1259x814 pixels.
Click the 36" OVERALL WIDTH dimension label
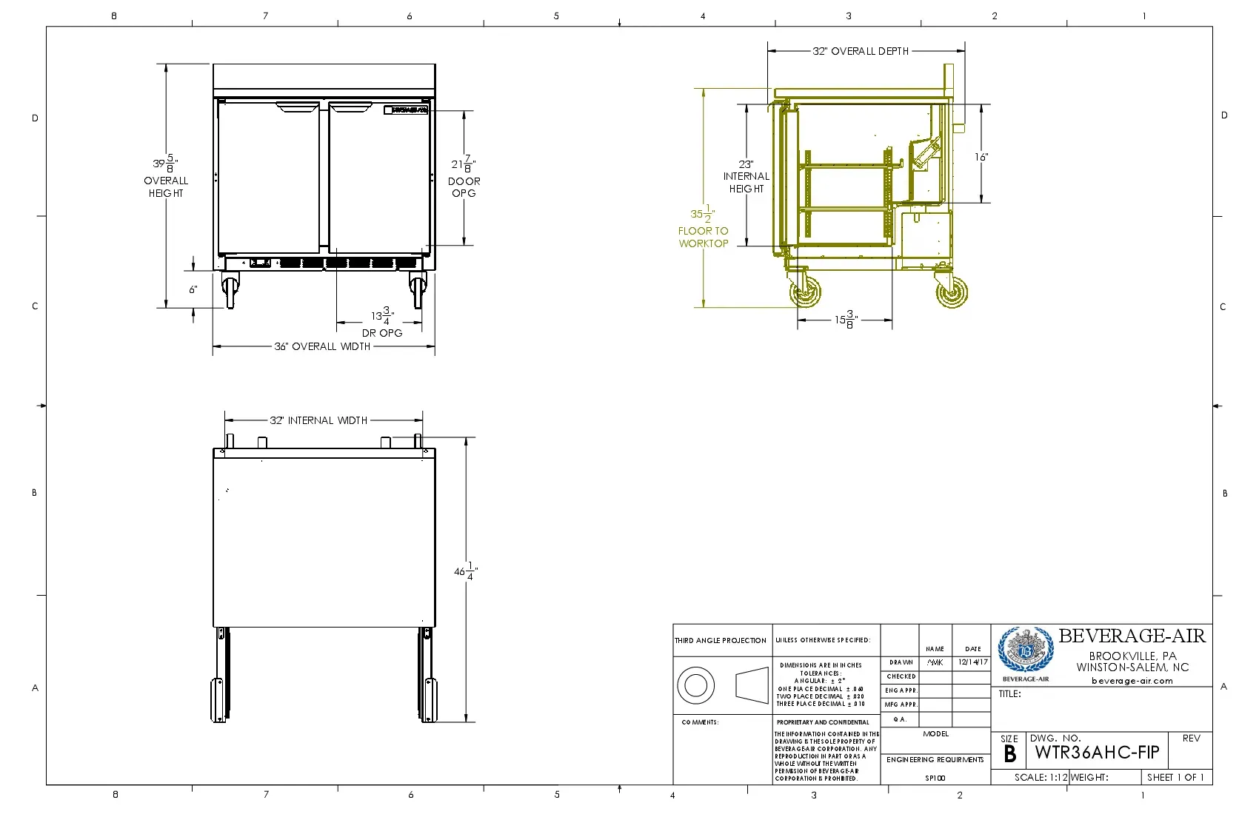point(322,346)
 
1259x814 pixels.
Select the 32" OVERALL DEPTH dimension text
point(861,51)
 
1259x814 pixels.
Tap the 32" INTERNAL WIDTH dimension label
point(318,420)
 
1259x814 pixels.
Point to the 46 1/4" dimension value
point(466,572)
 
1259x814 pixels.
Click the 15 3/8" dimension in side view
point(845,320)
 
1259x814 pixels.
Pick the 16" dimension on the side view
point(981,157)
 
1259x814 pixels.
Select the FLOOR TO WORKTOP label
point(704,237)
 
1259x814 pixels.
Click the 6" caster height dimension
point(193,289)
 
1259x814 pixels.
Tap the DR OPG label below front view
point(382,333)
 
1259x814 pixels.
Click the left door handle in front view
point(298,107)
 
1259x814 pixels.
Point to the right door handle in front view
point(350,107)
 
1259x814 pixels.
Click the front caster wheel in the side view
point(806,292)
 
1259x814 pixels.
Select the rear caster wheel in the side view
point(952,292)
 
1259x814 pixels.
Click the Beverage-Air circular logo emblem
point(1025,650)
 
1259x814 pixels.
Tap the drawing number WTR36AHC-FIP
point(1097,753)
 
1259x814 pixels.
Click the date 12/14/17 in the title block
point(972,662)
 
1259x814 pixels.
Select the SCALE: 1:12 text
point(1041,777)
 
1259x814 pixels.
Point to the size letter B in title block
point(1009,754)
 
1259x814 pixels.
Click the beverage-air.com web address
point(1132,681)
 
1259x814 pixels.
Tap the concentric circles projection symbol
point(695,685)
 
